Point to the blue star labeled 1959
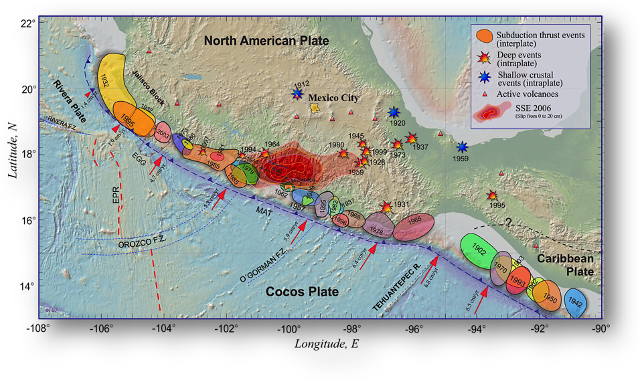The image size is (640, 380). click(x=462, y=147)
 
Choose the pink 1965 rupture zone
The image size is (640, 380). click(x=412, y=225)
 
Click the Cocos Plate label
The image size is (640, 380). click(x=302, y=292)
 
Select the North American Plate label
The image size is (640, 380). click(x=266, y=41)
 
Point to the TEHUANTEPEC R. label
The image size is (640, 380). click(x=396, y=290)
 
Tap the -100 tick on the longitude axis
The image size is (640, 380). click(x=289, y=328)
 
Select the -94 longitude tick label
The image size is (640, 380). click(x=475, y=328)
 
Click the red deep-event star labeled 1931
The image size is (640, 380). click(x=386, y=207)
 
